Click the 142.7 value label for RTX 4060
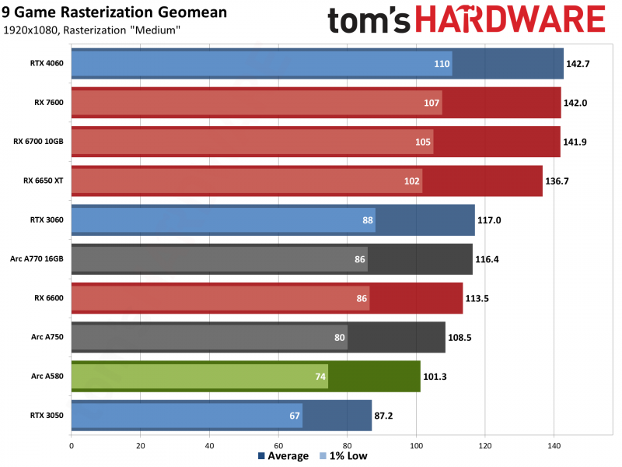click(x=579, y=64)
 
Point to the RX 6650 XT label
click(x=44, y=181)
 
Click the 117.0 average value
click(x=491, y=220)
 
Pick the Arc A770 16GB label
click(x=38, y=259)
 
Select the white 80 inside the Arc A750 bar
click(x=339, y=338)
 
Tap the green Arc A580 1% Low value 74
click(x=320, y=377)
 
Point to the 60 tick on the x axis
click(x=278, y=446)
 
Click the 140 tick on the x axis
click(x=554, y=446)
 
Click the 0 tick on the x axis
click(x=72, y=446)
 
